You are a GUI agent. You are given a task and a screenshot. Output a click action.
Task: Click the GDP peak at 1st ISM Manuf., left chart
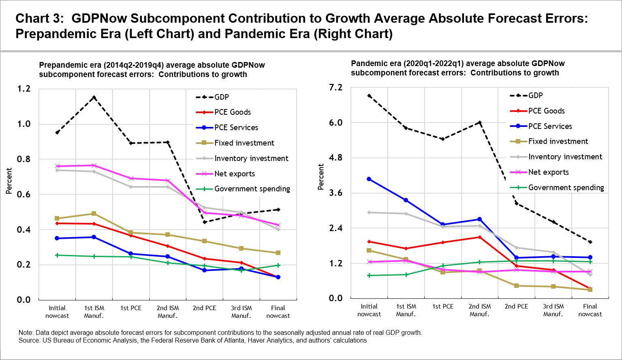pyautogui.click(x=94, y=97)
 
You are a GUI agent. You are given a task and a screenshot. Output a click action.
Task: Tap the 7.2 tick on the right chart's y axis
pyautogui.click(x=335, y=88)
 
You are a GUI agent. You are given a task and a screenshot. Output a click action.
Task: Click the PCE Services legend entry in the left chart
pyautogui.click(x=236, y=128)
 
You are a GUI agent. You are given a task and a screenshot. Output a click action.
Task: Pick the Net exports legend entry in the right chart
pyautogui.click(x=548, y=172)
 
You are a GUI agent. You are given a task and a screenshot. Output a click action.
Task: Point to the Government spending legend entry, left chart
pyautogui.click(x=252, y=189)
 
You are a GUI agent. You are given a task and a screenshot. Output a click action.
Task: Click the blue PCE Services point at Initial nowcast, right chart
pyautogui.click(x=369, y=179)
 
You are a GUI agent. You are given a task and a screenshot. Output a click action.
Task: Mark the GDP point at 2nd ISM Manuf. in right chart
pyautogui.click(x=480, y=122)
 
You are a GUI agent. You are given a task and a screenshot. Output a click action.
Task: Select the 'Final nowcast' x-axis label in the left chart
pyautogui.click(x=278, y=312)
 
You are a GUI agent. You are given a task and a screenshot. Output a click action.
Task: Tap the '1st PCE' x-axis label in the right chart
pyautogui.click(x=443, y=306)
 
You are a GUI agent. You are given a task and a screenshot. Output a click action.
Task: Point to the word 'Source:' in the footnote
pyautogui.click(x=30, y=341)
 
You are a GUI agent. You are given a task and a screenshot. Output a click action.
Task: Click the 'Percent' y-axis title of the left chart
pyautogui.click(x=9, y=181)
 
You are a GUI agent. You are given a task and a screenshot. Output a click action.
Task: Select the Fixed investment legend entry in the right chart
pyautogui.click(x=558, y=141)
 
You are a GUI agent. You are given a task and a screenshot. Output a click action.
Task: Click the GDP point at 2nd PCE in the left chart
pyautogui.click(x=205, y=222)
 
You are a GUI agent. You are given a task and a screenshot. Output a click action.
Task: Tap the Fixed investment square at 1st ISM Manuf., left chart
pyautogui.click(x=94, y=214)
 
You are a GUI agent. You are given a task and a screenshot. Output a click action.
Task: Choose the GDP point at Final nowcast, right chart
pyautogui.click(x=590, y=242)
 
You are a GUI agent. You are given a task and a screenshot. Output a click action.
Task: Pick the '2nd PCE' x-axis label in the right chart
pyautogui.click(x=516, y=306)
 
